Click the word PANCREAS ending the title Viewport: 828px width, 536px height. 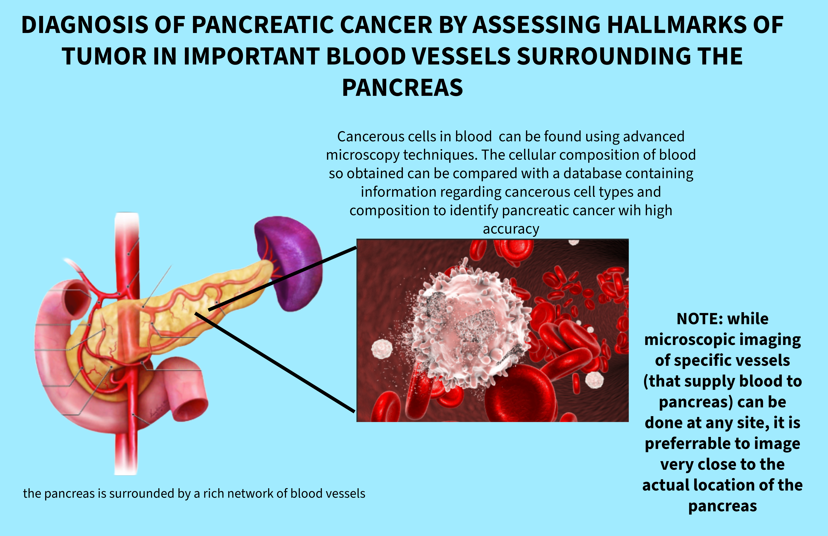(402, 88)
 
